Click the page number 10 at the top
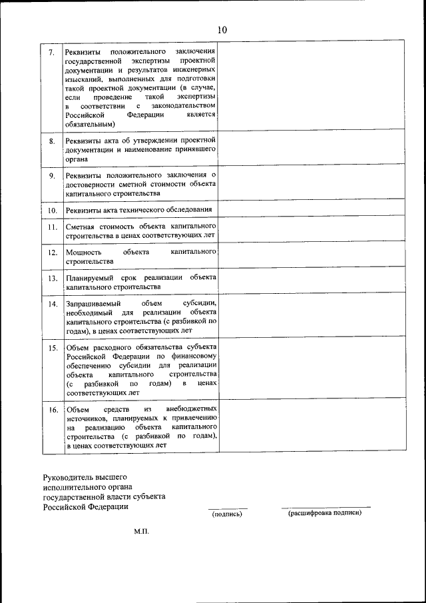pyautogui.click(x=221, y=29)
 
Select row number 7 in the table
pyautogui.click(x=52, y=53)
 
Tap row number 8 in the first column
pyautogui.click(x=52, y=142)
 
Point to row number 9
pyautogui.click(x=52, y=175)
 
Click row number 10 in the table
pyautogui.click(x=52, y=211)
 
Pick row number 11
pyautogui.click(x=52, y=227)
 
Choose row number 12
pyautogui.click(x=52, y=253)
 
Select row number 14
pyautogui.click(x=52, y=304)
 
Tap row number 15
pyautogui.click(x=52, y=348)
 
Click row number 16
pyautogui.click(x=52, y=410)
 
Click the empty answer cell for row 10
pyautogui.click(x=312, y=210)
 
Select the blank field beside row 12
pyautogui.click(x=312, y=256)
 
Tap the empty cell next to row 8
pyautogui.click(x=312, y=150)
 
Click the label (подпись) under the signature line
pyautogui.click(x=227, y=514)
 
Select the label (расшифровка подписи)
pyautogui.click(x=324, y=514)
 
